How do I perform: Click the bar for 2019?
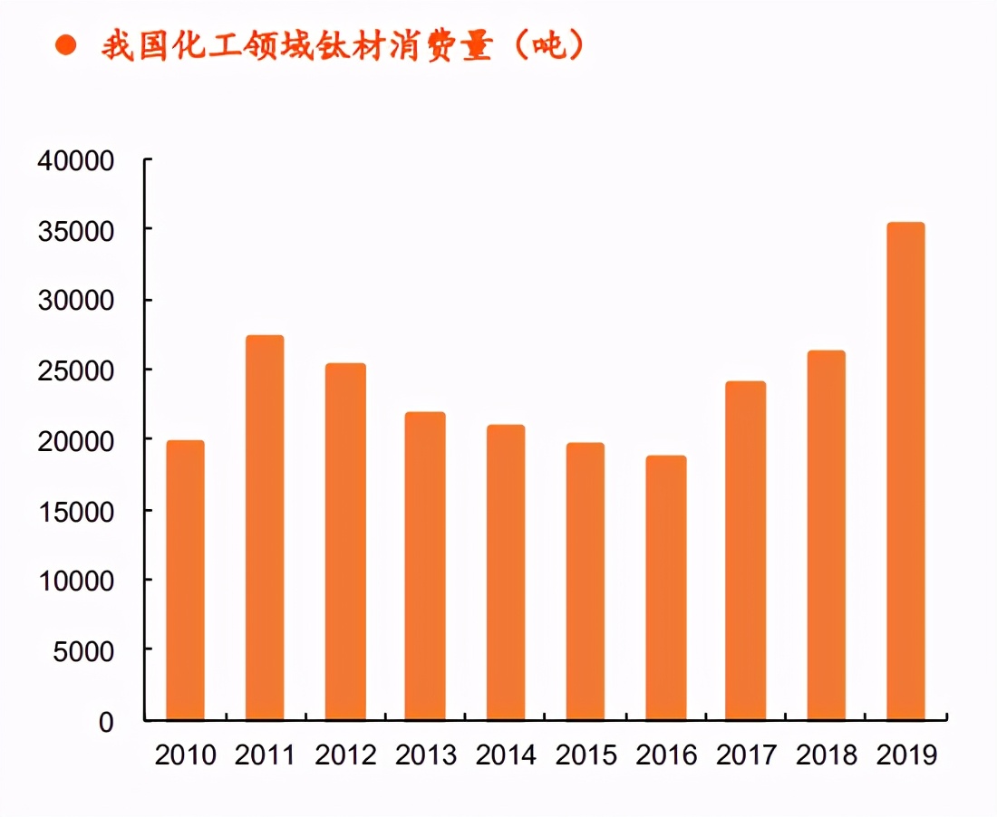click(x=905, y=471)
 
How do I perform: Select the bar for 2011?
click(x=265, y=528)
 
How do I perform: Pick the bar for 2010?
click(x=185, y=581)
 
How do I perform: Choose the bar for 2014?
click(x=505, y=572)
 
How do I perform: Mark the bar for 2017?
click(x=746, y=551)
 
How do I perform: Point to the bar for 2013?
click(x=425, y=566)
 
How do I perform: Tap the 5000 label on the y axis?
click(x=82, y=650)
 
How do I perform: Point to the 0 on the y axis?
click(x=107, y=721)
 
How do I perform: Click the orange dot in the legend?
click(x=65, y=46)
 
